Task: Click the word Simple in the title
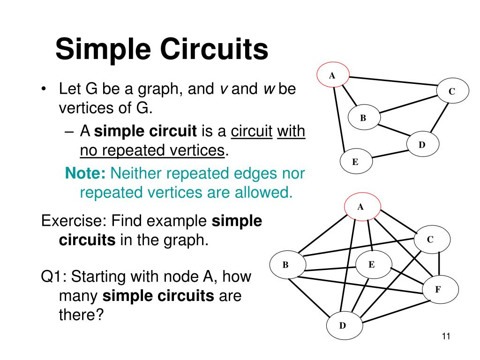(102, 50)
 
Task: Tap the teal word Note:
(86, 173)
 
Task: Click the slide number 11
(446, 336)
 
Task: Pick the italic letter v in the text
(224, 89)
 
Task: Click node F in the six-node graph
(437, 289)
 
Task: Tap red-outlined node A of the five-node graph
(332, 75)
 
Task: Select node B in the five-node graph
(363, 118)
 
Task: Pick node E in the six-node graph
(371, 264)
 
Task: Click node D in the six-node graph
(343, 325)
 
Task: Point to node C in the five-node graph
(452, 92)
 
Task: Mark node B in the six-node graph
(285, 265)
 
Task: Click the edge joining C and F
(439, 265)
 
